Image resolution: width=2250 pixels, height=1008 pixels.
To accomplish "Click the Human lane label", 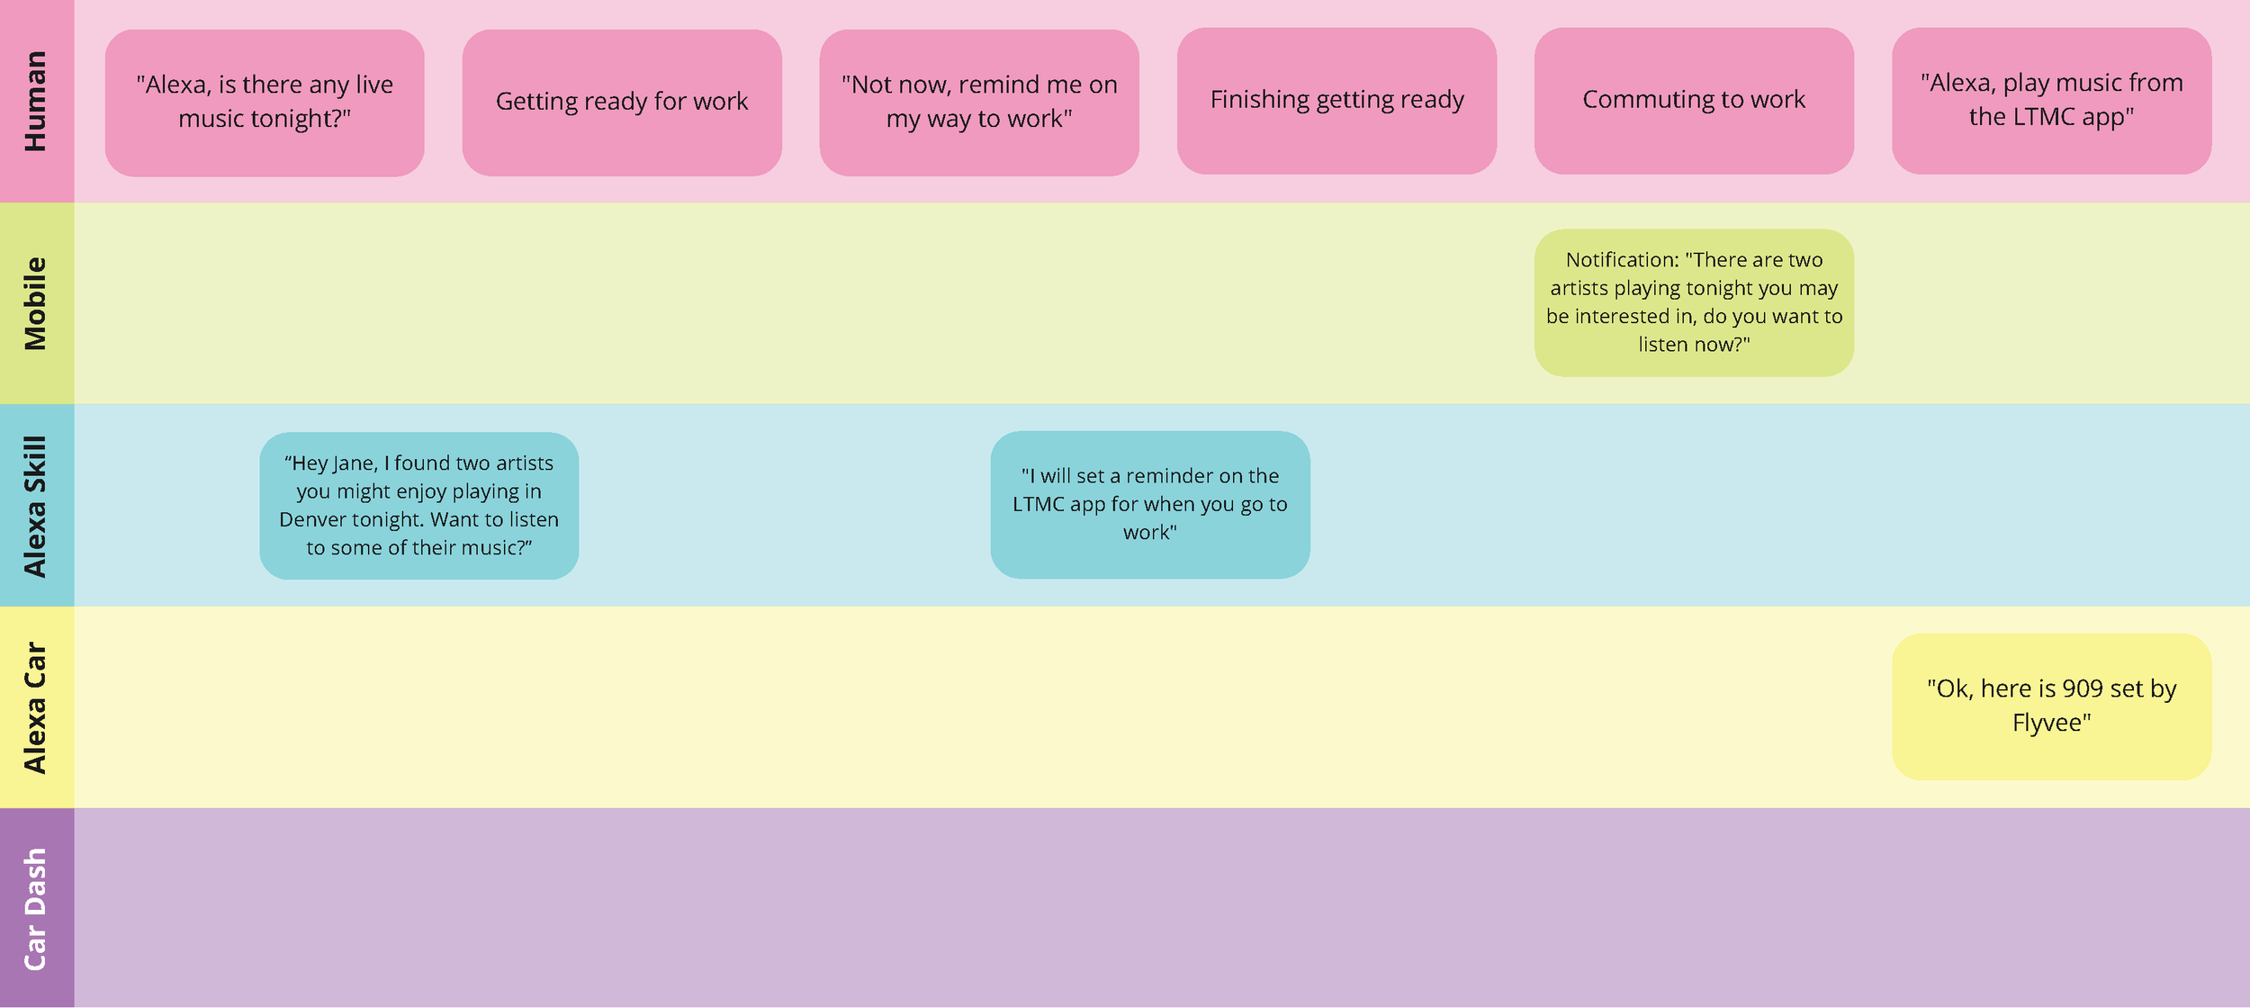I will point(35,101).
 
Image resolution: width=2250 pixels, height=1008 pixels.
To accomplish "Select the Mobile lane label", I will point(35,303).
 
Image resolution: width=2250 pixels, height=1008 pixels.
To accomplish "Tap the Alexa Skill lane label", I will point(35,506).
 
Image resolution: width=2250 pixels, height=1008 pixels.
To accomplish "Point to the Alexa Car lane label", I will point(35,707).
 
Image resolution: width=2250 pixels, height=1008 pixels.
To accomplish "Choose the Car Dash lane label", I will point(35,909).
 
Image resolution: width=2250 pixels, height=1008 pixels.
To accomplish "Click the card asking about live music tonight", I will point(265,103).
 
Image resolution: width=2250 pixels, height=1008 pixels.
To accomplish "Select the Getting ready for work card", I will point(622,103).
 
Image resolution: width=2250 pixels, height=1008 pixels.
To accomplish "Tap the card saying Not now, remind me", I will point(979,103).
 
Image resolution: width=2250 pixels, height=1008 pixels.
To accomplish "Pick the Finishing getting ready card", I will point(1336,101).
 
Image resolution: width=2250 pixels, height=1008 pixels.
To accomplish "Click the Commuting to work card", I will point(1694,101).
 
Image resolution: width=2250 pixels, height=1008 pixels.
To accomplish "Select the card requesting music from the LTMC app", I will point(2051,101).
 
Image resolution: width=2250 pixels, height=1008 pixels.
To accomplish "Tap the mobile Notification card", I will point(1694,302).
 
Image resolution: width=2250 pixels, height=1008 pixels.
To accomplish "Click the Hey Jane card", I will point(419,506).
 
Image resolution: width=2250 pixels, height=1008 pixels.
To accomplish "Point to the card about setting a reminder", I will point(1150,505).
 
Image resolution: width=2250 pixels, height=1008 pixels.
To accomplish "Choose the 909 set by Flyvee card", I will point(2051,706).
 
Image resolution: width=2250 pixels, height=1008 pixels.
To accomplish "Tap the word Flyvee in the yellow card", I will point(2051,723).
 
